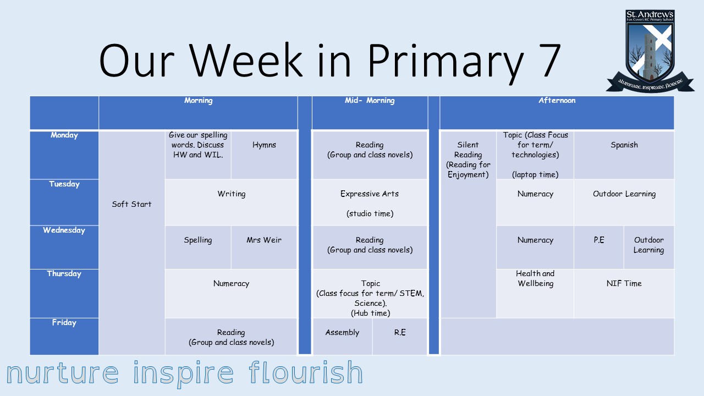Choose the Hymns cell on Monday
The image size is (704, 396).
[x=264, y=155]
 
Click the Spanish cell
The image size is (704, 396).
[x=624, y=155]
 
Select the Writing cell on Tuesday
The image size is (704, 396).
[x=232, y=202]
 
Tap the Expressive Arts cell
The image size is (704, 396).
[x=370, y=202]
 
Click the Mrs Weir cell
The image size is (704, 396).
[x=264, y=248]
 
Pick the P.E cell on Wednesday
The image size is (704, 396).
[x=599, y=248]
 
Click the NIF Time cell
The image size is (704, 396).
[x=624, y=294]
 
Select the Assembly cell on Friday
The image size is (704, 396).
[x=343, y=337]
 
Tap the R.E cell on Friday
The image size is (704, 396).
[x=400, y=337]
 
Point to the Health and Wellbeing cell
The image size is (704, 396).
[x=535, y=294]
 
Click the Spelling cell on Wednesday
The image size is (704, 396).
[x=198, y=248]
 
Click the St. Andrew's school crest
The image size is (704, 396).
[x=650, y=51]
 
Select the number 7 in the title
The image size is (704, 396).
[x=546, y=60]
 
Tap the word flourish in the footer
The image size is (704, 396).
[x=306, y=372]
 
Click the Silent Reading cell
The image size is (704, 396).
[x=468, y=224]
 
